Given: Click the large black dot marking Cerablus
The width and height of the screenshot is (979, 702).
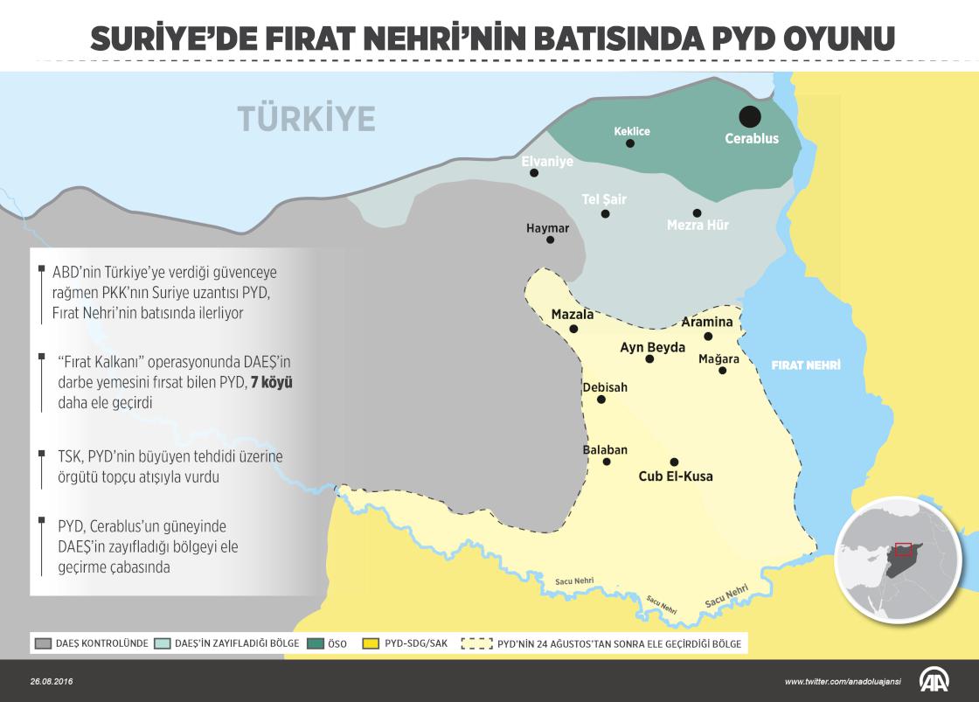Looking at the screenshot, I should point(749,116).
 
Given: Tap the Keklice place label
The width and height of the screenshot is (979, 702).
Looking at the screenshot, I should point(632,131).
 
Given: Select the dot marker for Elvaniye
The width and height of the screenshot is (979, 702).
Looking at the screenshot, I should point(534,173).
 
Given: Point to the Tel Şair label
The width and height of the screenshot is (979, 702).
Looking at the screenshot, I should point(604,199).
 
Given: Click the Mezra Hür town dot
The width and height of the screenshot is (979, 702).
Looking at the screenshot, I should point(697,212).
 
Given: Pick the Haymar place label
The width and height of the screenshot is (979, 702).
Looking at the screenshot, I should point(547,228).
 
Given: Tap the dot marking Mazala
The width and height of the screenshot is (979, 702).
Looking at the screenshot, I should point(573,329).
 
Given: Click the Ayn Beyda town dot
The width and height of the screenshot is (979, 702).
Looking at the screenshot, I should point(649,358).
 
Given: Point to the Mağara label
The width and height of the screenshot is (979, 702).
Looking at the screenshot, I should point(719,358).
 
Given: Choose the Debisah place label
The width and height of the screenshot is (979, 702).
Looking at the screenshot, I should point(605,386).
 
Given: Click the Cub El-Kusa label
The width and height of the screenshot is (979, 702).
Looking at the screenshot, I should point(676,476).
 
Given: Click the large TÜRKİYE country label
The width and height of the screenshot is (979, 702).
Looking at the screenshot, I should point(306,117).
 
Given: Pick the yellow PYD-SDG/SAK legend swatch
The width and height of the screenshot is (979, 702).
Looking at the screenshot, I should point(370,643).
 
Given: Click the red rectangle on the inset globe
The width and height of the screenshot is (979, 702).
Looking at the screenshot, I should point(903,549).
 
